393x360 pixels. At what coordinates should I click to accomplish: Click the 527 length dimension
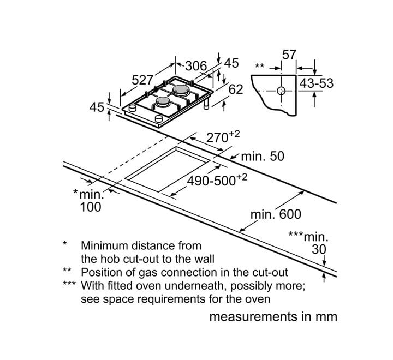point(142,80)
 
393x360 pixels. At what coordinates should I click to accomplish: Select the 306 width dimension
point(196,66)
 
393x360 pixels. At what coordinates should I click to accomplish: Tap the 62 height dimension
point(236,89)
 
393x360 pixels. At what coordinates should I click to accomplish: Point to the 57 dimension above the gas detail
point(289,55)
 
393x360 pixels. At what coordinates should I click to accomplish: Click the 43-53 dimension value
point(317,83)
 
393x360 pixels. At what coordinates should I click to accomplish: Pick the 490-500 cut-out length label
point(217,180)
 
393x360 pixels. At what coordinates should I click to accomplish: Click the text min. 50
point(263,157)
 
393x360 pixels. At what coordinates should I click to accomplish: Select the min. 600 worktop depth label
point(276,214)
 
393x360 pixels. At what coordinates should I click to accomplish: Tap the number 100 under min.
point(91,207)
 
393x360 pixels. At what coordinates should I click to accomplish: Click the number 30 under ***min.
point(319,249)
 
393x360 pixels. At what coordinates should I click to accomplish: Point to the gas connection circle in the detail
point(281,91)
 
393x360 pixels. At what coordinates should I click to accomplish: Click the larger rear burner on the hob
point(181,90)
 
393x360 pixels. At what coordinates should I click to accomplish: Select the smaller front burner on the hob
point(163,101)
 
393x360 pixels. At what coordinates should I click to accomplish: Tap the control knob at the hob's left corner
point(132,108)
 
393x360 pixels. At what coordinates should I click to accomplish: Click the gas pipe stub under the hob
point(206,104)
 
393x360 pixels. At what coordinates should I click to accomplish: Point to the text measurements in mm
point(273,317)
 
